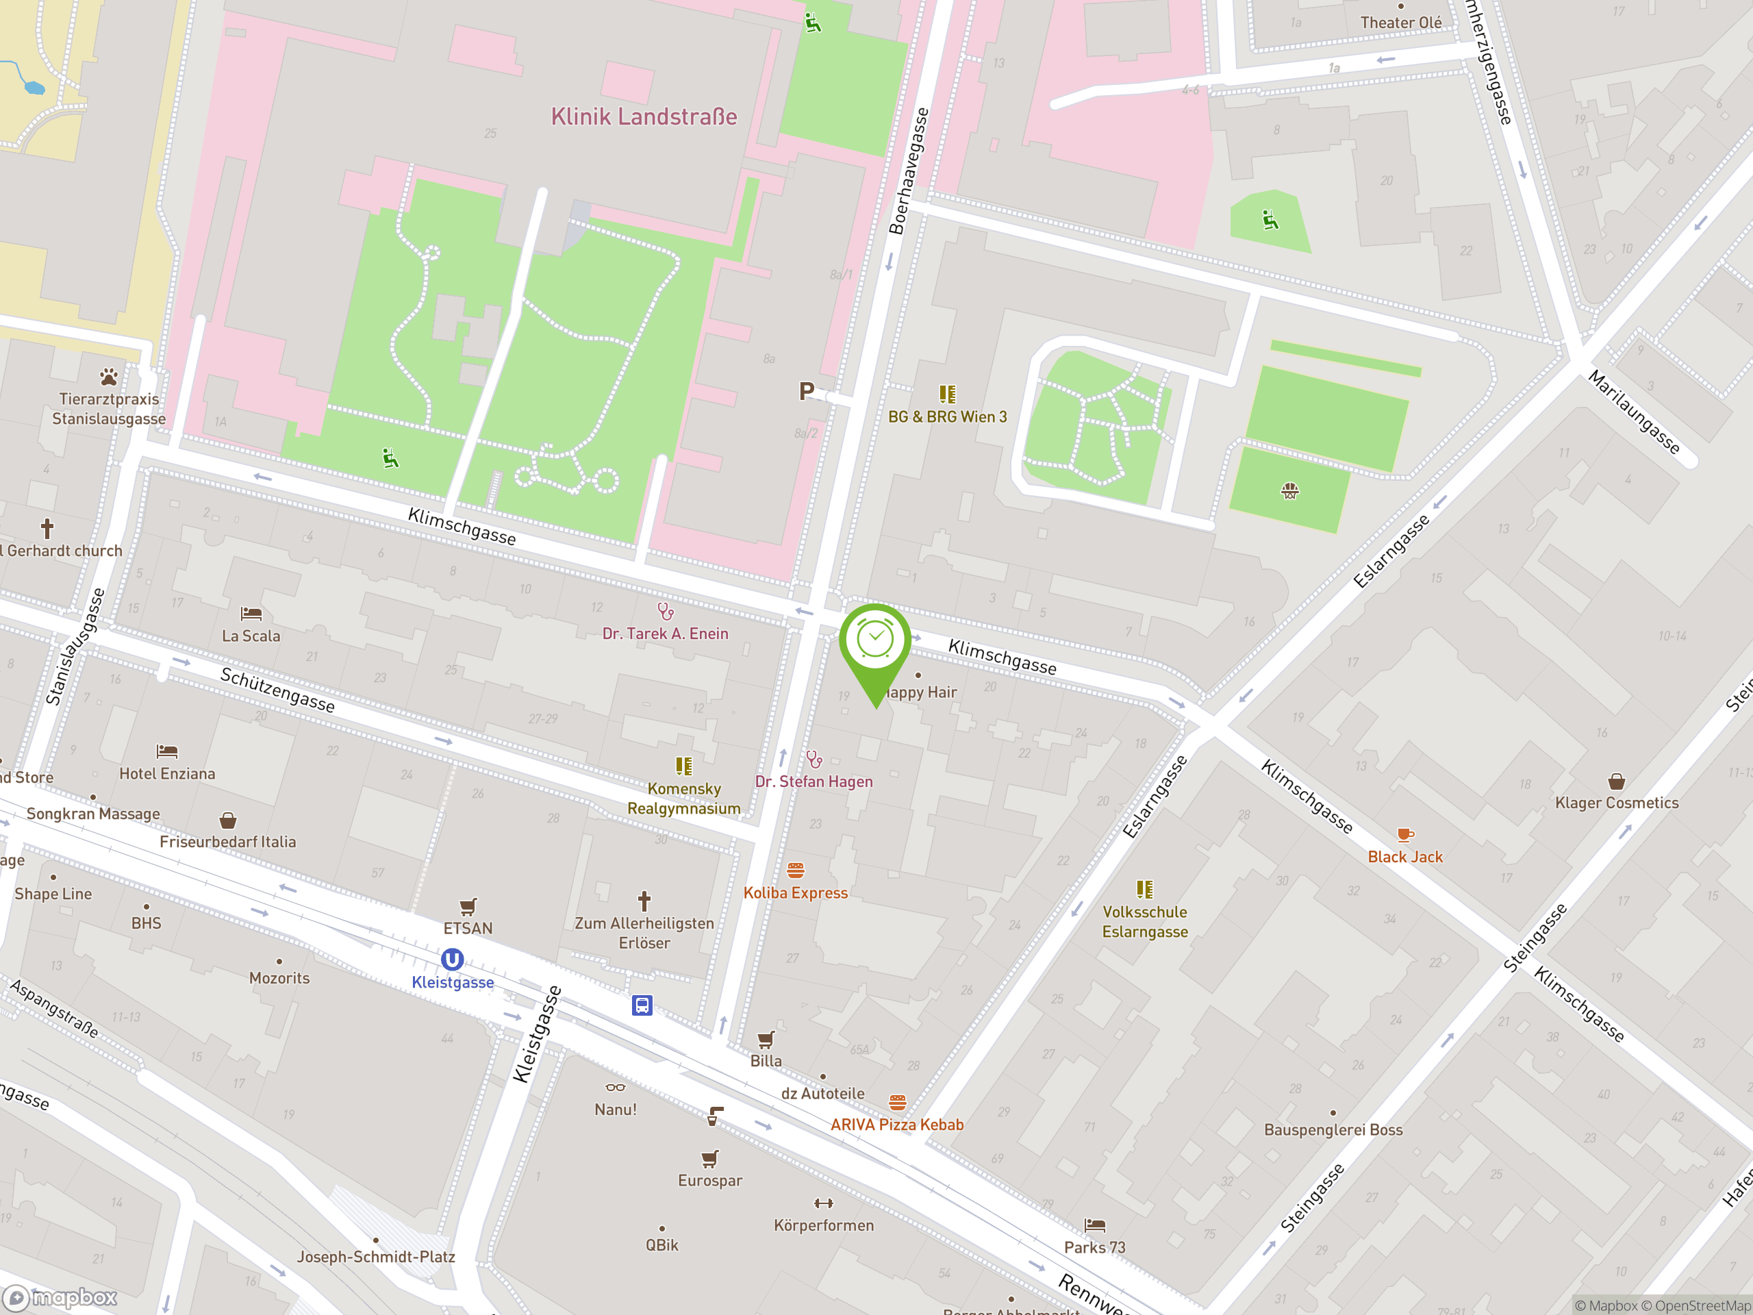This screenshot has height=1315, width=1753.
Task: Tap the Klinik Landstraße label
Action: point(644,117)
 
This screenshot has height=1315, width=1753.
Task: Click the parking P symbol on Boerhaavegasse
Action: point(806,391)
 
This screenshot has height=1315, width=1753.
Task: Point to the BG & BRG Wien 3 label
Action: point(947,417)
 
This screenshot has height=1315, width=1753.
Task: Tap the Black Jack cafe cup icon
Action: point(1404,835)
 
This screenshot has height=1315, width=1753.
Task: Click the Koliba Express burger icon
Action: point(796,871)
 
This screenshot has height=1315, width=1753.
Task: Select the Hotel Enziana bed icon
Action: point(166,751)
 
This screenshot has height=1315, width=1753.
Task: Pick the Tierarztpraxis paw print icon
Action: point(109,377)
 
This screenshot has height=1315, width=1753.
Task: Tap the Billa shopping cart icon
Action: point(766,1039)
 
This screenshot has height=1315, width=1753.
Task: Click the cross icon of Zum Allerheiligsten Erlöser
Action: point(644,901)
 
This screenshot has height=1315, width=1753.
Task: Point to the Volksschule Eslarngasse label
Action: point(1144,922)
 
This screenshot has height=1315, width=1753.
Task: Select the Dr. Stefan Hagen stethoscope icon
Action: point(814,760)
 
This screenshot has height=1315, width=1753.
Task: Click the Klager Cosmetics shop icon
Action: point(1616,781)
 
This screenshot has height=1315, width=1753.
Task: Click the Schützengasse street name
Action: point(277,690)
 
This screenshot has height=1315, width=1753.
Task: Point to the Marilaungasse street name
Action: point(1633,412)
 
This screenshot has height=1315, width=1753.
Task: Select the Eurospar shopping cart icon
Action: point(709,1159)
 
